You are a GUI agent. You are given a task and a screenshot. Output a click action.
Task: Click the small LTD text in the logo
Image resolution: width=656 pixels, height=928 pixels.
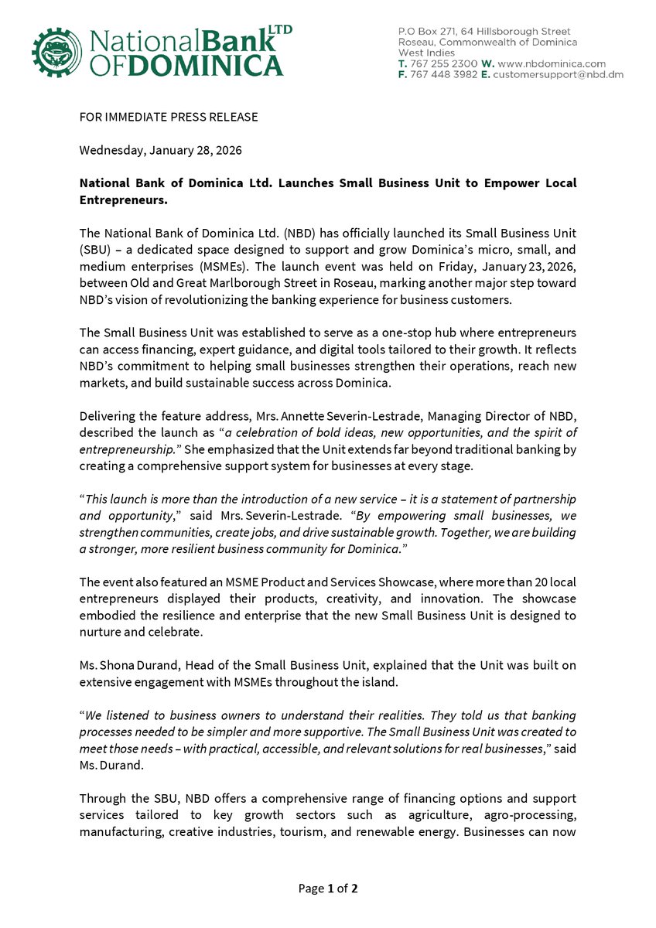(x=279, y=29)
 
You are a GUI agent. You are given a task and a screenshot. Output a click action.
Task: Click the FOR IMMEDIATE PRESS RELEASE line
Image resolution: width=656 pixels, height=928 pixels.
(x=169, y=117)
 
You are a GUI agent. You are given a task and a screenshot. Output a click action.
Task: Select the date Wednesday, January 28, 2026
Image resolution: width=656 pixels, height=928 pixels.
(x=160, y=150)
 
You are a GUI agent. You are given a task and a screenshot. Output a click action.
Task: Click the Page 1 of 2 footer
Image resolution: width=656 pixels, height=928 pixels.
(x=328, y=889)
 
